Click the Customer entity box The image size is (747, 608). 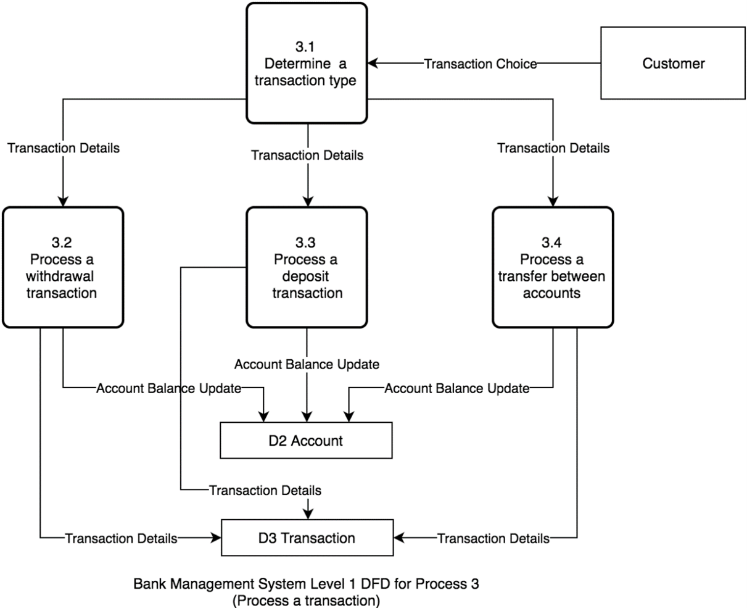click(x=674, y=63)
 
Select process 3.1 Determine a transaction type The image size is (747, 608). click(x=307, y=63)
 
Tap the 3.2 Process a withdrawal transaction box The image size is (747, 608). click(x=63, y=267)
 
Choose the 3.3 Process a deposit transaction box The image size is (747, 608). click(x=307, y=267)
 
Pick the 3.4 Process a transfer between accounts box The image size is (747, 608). click(x=552, y=267)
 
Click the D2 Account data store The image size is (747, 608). click(x=306, y=441)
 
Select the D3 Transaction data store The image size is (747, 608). click(x=307, y=538)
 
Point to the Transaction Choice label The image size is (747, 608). click(x=480, y=64)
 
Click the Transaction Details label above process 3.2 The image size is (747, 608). click(x=63, y=148)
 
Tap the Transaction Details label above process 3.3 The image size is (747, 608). click(x=307, y=155)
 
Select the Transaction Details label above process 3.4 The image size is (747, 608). click(x=553, y=148)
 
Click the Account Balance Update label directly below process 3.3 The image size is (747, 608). click(x=307, y=364)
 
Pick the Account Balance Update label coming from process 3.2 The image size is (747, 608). click(x=168, y=388)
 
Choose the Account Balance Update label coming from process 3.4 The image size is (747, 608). click(x=456, y=388)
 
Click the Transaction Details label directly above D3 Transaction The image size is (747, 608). click(x=265, y=491)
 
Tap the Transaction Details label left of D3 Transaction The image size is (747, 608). click(x=121, y=538)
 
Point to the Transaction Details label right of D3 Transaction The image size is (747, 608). click(x=493, y=538)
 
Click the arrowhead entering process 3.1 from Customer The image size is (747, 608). click(x=373, y=63)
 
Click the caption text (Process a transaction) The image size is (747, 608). click(x=307, y=599)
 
